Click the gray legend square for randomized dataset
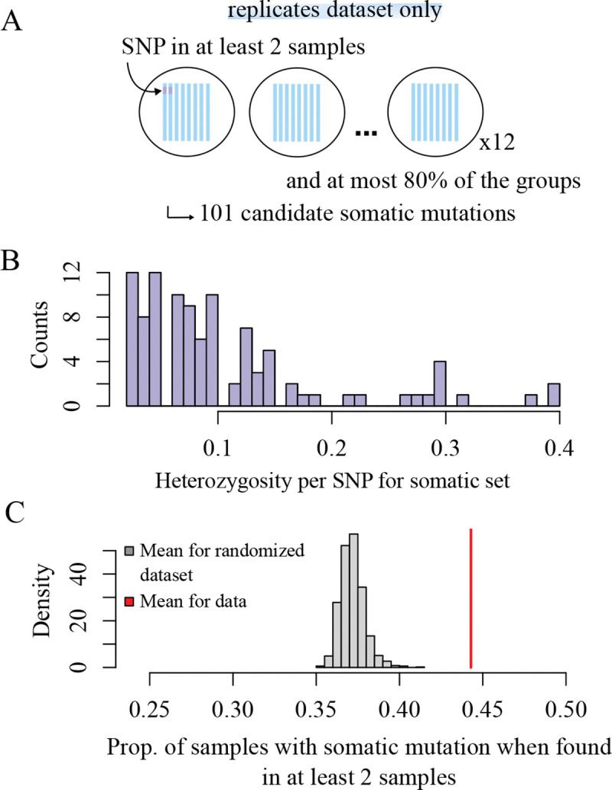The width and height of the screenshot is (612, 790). pyautogui.click(x=129, y=551)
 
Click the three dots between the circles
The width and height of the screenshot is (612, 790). pyautogui.click(x=369, y=134)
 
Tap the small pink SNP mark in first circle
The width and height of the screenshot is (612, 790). pyautogui.click(x=168, y=90)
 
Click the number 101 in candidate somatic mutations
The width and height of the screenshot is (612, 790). pyautogui.click(x=214, y=213)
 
